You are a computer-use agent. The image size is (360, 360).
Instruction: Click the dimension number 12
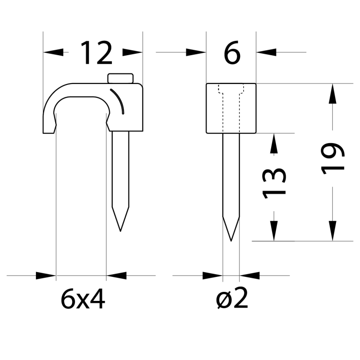[96, 53]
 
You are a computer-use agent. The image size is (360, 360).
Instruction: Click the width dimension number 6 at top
[231, 53]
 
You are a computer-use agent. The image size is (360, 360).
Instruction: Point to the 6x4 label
[83, 300]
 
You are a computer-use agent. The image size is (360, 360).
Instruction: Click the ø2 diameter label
[231, 300]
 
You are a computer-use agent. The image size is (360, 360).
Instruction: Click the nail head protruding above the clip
[120, 78]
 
